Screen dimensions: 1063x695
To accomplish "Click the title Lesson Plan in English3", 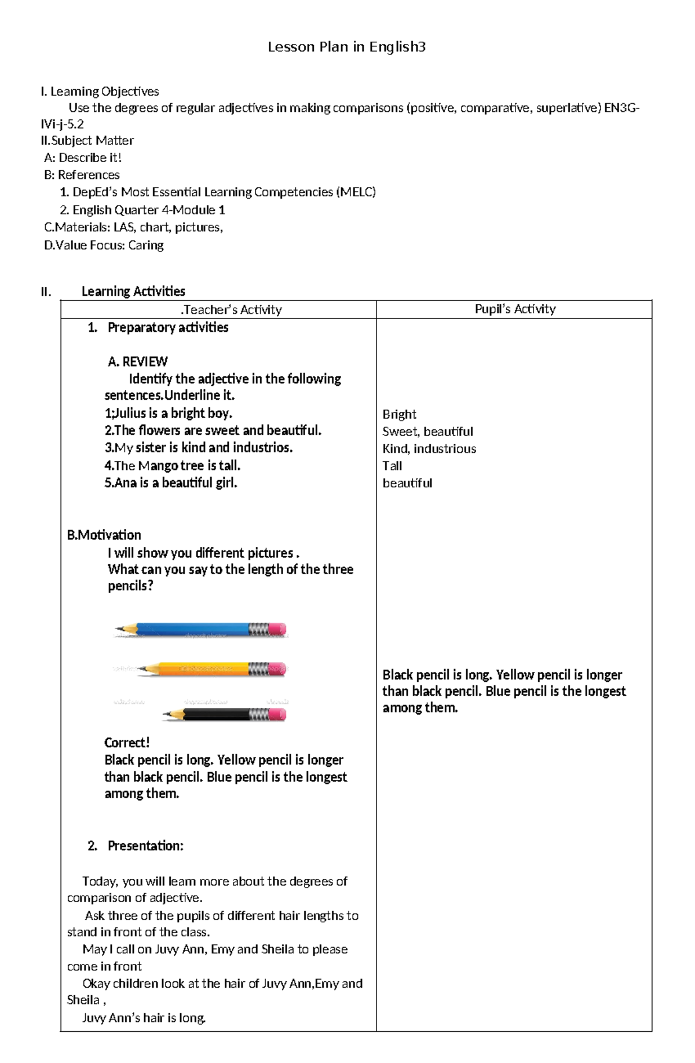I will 346,47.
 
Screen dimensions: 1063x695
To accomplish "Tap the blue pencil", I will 197,630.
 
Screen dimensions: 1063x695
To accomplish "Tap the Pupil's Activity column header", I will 515,309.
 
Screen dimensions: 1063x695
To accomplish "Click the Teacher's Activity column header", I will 232,310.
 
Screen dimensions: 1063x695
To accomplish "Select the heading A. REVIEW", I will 138,362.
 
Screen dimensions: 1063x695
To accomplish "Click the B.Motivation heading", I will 104,535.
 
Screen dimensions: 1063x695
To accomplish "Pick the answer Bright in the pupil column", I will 399,414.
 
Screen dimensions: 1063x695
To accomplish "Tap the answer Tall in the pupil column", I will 392,466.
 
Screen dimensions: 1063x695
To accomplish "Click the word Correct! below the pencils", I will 127,743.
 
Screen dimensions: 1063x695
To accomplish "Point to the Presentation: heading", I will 145,846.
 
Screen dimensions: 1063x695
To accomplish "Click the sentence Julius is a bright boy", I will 169,413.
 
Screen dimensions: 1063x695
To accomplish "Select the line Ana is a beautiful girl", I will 171,483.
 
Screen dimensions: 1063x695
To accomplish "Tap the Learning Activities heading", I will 133,291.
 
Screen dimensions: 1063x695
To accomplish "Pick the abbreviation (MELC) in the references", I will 356,192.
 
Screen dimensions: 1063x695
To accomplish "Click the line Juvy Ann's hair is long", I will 144,1018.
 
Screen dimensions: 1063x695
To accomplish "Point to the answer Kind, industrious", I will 429,448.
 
